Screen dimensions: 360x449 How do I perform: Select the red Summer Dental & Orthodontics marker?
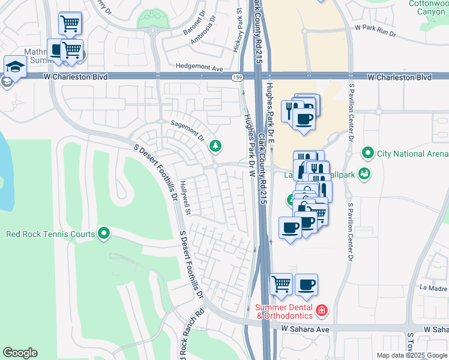pos(322,310)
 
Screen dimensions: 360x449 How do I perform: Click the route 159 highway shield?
pos(238,77)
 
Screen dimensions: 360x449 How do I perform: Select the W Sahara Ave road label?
pos(306,329)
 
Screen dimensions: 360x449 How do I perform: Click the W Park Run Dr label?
pos(376,28)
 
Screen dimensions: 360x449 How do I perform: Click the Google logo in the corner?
pos(20,353)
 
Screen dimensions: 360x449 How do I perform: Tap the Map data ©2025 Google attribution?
pos(412,355)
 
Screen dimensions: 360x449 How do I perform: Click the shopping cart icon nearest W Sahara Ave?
pos(280,284)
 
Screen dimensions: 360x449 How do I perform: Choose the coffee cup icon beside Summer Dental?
pos(306,284)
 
